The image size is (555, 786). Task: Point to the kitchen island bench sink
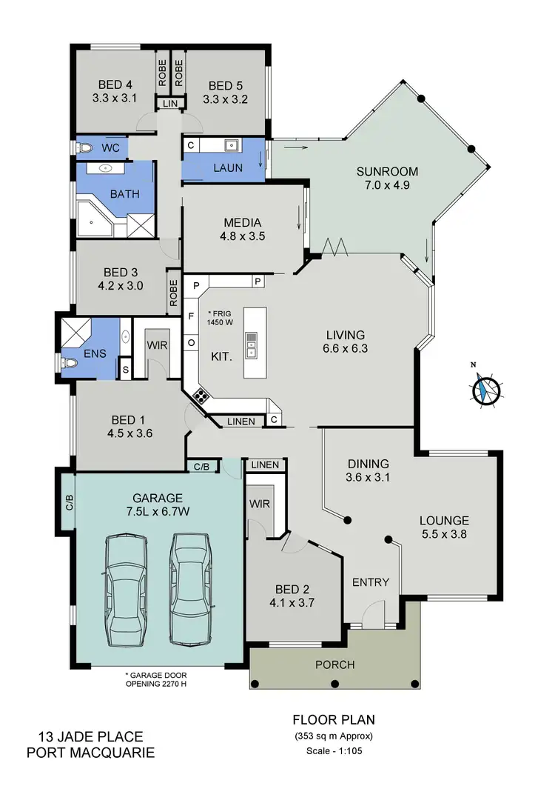tap(252, 345)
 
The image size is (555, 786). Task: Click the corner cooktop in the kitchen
tap(200, 396)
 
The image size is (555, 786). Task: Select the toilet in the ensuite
tap(69, 364)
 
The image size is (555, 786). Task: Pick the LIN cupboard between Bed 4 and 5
tap(171, 104)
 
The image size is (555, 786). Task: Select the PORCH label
tap(334, 665)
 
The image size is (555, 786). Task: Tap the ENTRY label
tap(370, 582)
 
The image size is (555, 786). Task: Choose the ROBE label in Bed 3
tap(173, 293)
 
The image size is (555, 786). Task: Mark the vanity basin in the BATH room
tap(104, 169)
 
